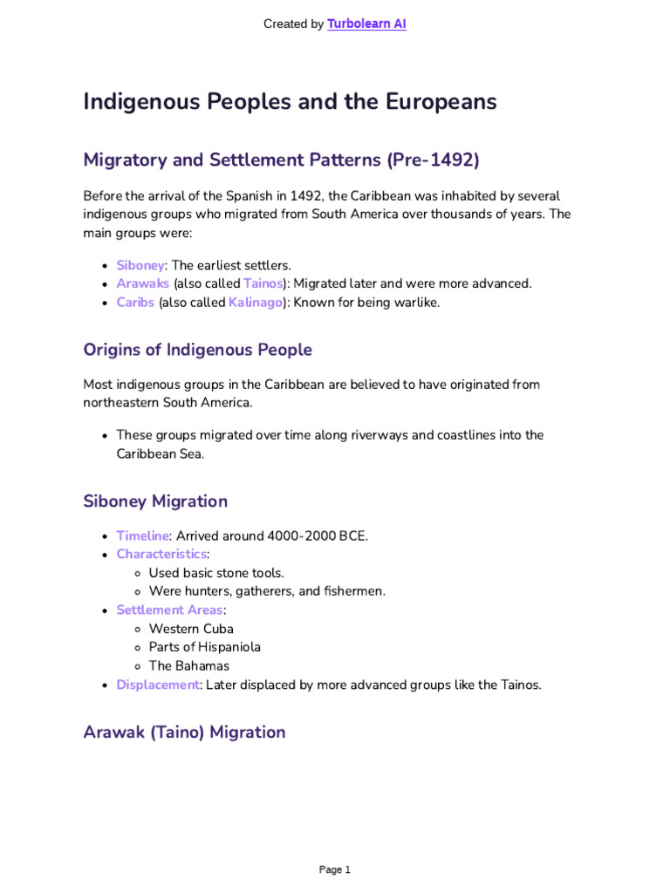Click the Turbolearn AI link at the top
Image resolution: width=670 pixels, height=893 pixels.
[366, 24]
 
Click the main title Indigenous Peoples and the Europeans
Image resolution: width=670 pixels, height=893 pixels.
[290, 102]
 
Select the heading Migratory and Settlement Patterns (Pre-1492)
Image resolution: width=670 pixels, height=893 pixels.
[281, 160]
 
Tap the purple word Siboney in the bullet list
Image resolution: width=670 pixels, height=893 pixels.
[140, 265]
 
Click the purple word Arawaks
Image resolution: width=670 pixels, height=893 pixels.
[143, 283]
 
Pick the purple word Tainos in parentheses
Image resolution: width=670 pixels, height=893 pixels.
[263, 283]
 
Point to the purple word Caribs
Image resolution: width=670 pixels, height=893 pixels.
[135, 303]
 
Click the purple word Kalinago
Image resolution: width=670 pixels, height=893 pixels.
[256, 303]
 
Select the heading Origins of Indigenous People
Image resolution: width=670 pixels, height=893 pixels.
[197, 350]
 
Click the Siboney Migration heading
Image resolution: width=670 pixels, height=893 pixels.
[155, 501]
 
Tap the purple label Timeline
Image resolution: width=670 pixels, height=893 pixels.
[142, 535]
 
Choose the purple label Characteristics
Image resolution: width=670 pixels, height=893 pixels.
[161, 555]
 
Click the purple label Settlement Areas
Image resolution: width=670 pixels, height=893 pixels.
[169, 610]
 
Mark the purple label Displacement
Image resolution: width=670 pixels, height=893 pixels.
[158, 685]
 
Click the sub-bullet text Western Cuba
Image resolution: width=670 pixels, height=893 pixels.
[191, 629]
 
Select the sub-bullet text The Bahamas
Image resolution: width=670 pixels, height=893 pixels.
[189, 666]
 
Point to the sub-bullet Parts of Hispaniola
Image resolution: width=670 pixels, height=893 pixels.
[205, 647]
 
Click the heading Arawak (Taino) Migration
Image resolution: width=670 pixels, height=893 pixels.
[184, 733]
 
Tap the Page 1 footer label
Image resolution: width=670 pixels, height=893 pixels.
[335, 869]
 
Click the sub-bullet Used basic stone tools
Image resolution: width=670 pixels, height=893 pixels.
[216, 573]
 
